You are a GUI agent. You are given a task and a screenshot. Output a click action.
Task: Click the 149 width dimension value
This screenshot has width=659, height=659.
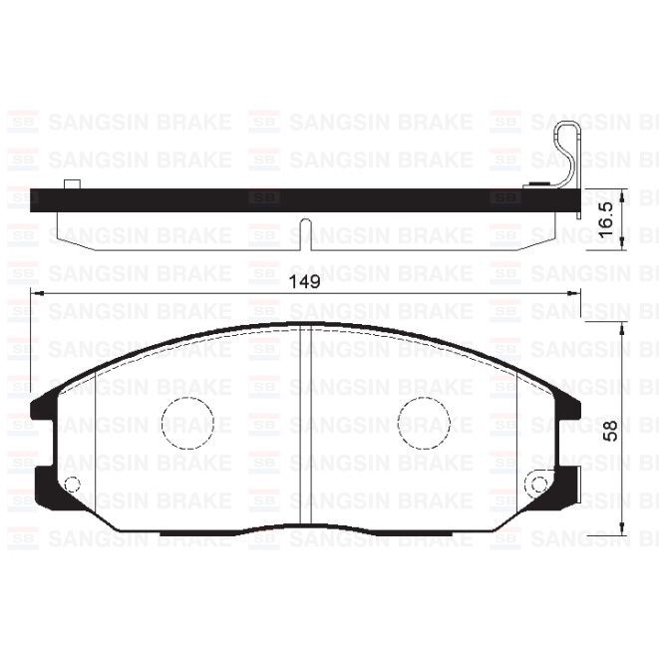coord(304,282)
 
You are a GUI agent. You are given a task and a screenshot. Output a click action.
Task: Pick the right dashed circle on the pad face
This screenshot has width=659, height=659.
coord(425,422)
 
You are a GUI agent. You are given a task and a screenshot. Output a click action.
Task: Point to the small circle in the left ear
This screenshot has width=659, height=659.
coord(71,486)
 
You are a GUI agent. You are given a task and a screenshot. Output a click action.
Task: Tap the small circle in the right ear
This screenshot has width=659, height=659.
coord(539,486)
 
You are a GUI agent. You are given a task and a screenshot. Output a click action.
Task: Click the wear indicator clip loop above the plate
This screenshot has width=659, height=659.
coord(569,150)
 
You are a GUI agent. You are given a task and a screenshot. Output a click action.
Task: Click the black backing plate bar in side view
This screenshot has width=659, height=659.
coord(299,199)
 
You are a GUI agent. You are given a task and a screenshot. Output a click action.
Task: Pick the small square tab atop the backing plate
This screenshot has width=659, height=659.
coord(71,184)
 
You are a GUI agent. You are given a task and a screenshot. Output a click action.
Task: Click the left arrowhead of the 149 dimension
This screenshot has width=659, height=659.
coord(37,292)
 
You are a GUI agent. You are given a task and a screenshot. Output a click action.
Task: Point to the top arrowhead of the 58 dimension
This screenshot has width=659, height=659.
coord(622,328)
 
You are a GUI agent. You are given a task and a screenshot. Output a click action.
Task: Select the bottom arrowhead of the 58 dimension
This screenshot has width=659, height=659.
coord(622,528)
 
